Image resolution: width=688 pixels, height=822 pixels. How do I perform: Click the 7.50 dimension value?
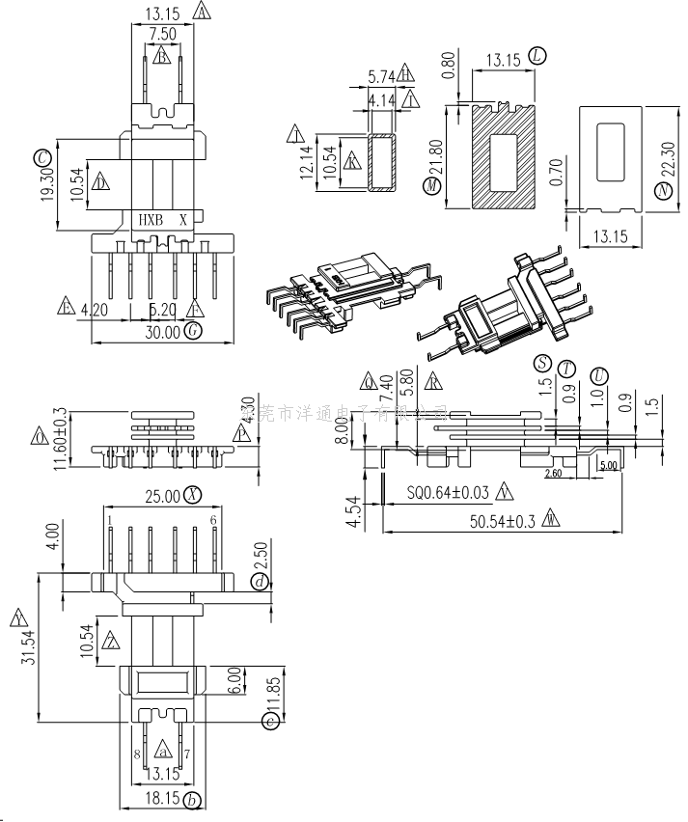click(161, 34)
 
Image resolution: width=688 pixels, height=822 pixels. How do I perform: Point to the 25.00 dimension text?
click(161, 496)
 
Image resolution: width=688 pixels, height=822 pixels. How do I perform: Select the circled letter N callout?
click(663, 192)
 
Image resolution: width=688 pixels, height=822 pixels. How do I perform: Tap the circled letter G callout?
click(194, 332)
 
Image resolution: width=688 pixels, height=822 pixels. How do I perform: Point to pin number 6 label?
click(212, 521)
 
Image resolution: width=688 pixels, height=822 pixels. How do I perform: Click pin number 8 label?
click(137, 753)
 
